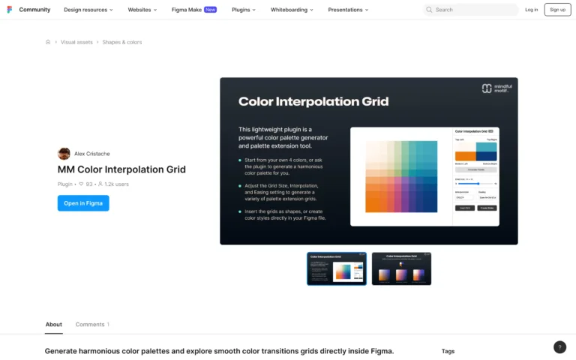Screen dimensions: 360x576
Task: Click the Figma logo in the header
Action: point(9,10)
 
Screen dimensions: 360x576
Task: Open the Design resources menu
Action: point(88,10)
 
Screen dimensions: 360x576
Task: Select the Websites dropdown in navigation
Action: point(142,10)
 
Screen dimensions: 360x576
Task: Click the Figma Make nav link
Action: point(194,10)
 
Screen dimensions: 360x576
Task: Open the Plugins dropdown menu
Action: point(244,10)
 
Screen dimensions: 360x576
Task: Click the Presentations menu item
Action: point(349,10)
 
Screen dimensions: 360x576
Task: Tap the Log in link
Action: point(531,10)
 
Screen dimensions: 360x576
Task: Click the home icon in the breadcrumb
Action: point(48,42)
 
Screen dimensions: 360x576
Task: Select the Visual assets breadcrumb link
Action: point(76,42)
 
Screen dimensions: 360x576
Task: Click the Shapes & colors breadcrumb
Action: point(122,42)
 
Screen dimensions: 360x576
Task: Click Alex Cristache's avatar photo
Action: point(64,154)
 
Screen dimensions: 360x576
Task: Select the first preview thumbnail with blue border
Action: point(337,268)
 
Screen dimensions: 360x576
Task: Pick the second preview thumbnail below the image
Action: point(401,268)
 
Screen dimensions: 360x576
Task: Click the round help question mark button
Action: point(559,346)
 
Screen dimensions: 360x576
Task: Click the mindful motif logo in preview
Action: point(496,88)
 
